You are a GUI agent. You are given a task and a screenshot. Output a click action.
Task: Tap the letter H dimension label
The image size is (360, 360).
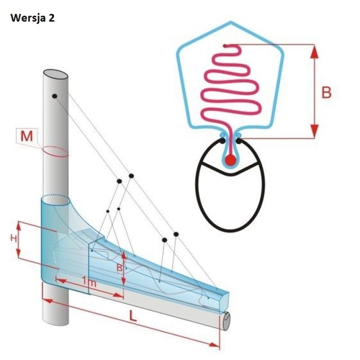(13, 239)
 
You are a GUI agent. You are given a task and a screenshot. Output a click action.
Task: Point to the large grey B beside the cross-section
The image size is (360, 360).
(326, 93)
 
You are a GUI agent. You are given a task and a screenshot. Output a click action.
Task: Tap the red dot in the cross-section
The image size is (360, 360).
(231, 159)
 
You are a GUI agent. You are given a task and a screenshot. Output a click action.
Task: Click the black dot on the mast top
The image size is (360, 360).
(55, 97)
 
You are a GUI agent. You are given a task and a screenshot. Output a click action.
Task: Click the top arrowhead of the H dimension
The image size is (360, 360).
(19, 224)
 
